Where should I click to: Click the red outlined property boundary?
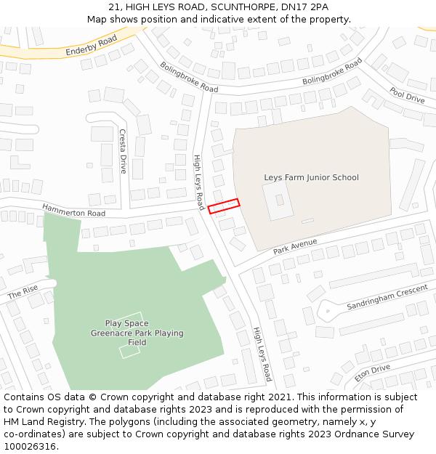point(224,206)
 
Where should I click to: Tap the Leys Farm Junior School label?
point(311,177)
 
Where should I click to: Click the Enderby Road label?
point(91,45)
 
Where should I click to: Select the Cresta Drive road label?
point(123,151)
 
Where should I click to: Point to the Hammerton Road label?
point(73,210)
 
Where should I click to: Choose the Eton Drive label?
point(372,373)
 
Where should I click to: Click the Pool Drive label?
point(407,95)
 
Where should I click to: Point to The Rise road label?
point(23,293)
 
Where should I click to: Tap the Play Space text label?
point(126,323)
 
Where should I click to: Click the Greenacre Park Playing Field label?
point(137,338)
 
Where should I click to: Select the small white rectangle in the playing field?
point(129,352)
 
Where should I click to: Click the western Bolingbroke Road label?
point(189,77)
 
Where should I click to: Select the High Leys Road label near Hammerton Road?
point(198,182)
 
